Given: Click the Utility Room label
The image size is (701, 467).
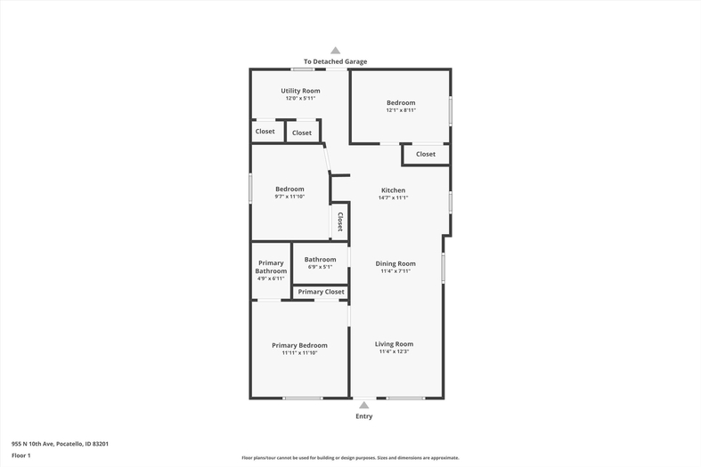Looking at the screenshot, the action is tap(300, 91).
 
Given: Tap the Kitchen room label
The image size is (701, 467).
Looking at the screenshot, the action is tap(394, 190).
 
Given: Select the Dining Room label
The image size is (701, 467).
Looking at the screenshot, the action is tap(395, 264).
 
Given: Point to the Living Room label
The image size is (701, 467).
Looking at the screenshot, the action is tap(394, 344).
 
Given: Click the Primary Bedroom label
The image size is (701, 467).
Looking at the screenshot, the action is tap(299, 345).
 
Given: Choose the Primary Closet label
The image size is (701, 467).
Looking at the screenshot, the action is tap(321, 292).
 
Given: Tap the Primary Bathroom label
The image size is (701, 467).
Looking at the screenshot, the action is tap(271, 267).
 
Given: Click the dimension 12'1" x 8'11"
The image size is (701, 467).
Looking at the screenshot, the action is tap(401, 110).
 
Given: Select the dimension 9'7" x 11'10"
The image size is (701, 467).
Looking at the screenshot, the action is tap(289, 197).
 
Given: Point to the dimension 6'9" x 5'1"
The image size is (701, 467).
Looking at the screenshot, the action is tap(320, 267).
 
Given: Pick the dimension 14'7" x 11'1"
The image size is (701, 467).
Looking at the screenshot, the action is tap(394, 197).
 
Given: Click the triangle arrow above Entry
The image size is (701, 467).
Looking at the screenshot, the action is tap(364, 405).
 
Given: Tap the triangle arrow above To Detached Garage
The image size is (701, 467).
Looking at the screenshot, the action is tap(335, 51).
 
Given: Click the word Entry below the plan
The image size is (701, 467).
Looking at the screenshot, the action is tap(364, 416).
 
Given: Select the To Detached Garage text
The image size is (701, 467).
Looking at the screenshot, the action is tap(335, 61).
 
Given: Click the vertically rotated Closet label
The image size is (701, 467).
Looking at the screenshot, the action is tap(339, 221).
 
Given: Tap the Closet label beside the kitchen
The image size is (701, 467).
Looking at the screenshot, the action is tap(426, 154).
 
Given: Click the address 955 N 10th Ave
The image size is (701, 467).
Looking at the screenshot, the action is tap(33, 444).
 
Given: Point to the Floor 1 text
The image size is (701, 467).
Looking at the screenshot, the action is tap(21, 455).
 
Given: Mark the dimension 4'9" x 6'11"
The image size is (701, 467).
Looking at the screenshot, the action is tap(271, 278).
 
